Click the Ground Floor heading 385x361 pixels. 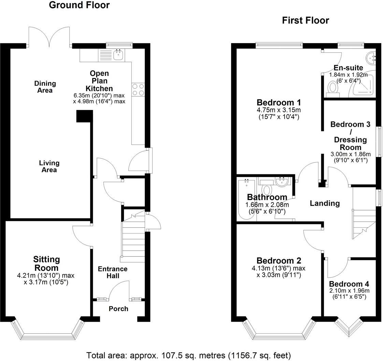click(x=79, y=5)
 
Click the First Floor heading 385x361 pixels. click(x=305, y=21)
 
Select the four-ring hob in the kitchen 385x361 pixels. click(x=138, y=90)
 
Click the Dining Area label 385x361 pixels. click(x=45, y=87)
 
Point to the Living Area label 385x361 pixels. click(x=49, y=166)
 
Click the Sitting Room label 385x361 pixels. click(x=46, y=263)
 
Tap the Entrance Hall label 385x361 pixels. click(x=113, y=272)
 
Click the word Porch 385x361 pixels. click(x=118, y=309)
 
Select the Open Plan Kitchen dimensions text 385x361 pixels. click(x=99, y=98)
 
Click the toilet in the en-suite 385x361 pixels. click(x=332, y=88)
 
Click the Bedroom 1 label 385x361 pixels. click(x=279, y=102)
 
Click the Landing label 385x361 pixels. click(x=325, y=203)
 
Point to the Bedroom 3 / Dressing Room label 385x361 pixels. click(x=350, y=136)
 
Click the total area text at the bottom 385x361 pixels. click(x=188, y=355)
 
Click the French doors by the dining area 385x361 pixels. click(x=50, y=38)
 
